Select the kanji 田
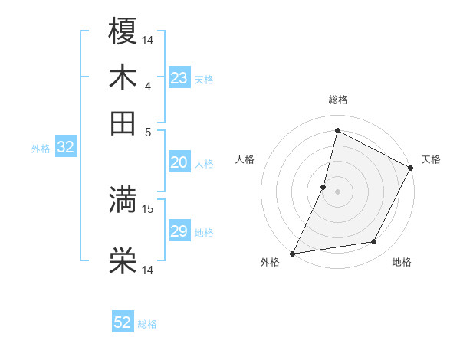tap(123, 123)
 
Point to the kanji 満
tap(123, 201)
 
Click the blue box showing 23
tap(179, 78)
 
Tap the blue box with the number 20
tap(179, 162)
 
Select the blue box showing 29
tap(179, 231)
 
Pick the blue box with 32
tap(65, 148)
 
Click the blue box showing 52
tap(123, 322)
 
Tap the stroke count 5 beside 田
tap(148, 131)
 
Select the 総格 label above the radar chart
tap(337, 100)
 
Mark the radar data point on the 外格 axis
tap(293, 253)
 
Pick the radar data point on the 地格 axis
tap(374, 242)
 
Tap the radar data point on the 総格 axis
tap(337, 130)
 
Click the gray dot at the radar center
tap(337, 191)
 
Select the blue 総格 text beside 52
tap(147, 324)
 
